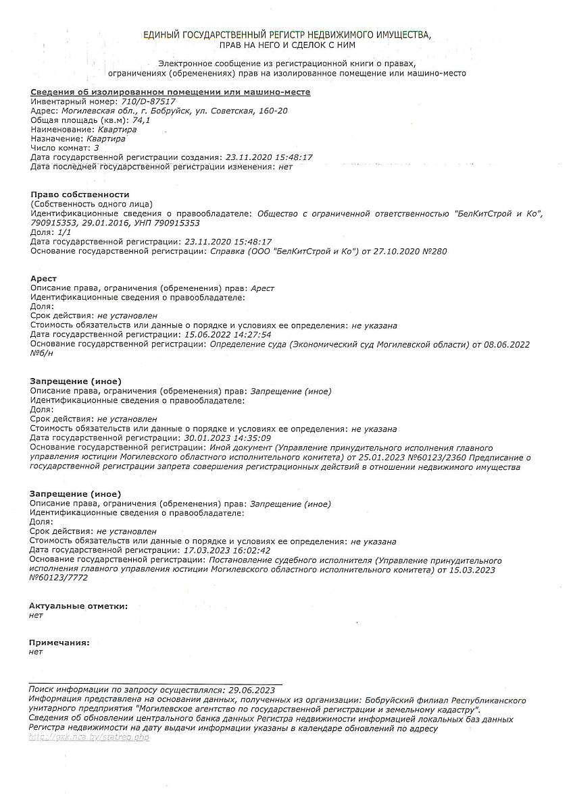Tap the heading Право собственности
[80, 194]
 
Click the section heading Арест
[43, 278]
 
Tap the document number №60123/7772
[58, 578]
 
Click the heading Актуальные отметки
[78, 606]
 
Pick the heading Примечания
[59, 643]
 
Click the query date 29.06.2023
[252, 690]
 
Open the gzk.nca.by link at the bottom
[89, 737]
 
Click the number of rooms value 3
[97, 147]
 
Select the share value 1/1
[64, 232]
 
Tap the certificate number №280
[434, 251]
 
